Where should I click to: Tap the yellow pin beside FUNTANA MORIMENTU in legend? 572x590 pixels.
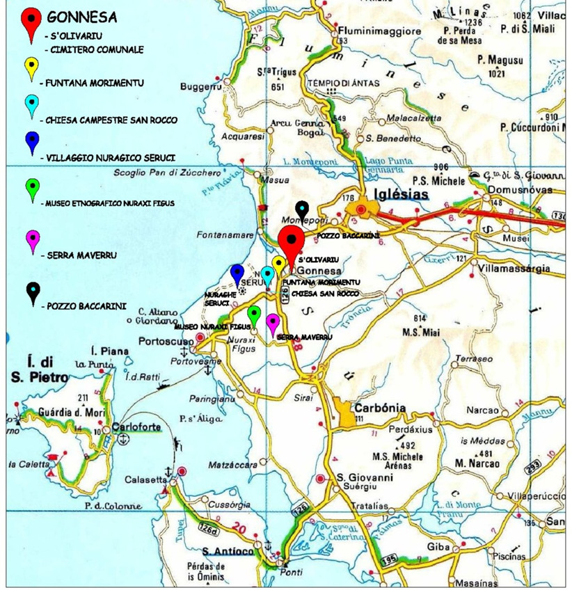(32, 70)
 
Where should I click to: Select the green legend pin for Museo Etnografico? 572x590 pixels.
(32, 189)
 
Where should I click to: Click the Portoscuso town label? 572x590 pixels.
(166, 342)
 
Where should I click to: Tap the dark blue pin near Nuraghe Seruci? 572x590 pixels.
(237, 273)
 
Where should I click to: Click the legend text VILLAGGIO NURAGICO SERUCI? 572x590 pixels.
(111, 158)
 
